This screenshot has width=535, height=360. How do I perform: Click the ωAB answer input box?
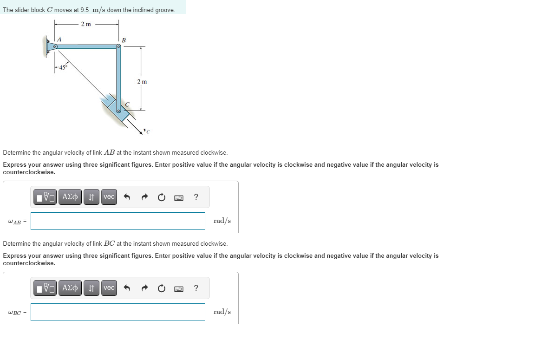pyautogui.click(x=118, y=221)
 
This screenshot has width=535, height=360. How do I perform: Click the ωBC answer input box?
pyautogui.click(x=118, y=312)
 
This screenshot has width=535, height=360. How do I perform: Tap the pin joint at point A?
pyautogui.click(x=55, y=46)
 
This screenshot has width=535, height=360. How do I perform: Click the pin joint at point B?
pyautogui.click(x=119, y=46)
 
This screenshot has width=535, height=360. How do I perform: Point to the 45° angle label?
pyautogui.click(x=62, y=67)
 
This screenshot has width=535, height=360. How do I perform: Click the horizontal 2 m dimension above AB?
pyautogui.click(x=86, y=24)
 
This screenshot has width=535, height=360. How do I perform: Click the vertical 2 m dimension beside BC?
pyautogui.click(x=142, y=82)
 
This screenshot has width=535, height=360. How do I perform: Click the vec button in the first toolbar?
pyautogui.click(x=109, y=197)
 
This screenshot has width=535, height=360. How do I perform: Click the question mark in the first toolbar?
pyautogui.click(x=196, y=197)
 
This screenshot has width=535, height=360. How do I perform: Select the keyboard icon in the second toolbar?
pyautogui.click(x=179, y=288)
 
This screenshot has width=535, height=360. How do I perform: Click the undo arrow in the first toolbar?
pyautogui.click(x=127, y=197)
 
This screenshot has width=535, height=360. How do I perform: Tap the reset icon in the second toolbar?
pyautogui.click(x=161, y=288)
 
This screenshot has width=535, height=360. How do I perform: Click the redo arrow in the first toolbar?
pyautogui.click(x=144, y=197)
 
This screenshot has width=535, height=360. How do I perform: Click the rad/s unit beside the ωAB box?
pyautogui.click(x=222, y=221)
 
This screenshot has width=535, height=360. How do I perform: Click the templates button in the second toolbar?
pyautogui.click(x=45, y=288)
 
